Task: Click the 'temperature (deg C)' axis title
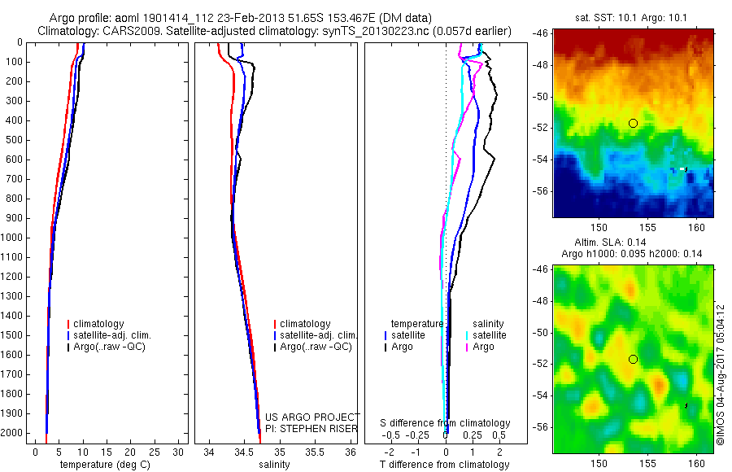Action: click(x=103, y=465)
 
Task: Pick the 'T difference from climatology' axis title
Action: click(x=445, y=465)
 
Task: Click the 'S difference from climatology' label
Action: click(x=446, y=424)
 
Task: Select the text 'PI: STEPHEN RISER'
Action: click(x=312, y=429)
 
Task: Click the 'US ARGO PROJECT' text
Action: click(x=312, y=417)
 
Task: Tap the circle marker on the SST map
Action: click(x=633, y=123)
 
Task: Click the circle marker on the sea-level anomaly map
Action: click(x=633, y=359)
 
